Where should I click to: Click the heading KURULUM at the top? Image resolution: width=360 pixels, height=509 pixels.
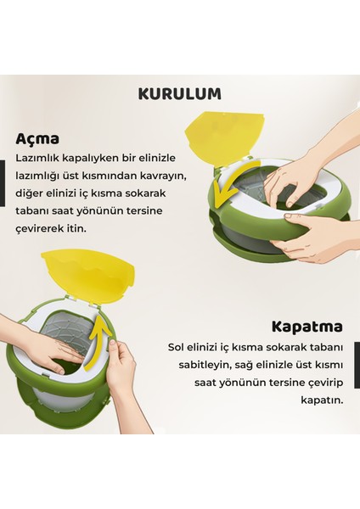coord(179,92)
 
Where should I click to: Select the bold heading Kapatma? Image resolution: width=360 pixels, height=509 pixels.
coord(307,326)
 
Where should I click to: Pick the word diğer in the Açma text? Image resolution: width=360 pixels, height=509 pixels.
coord(31,192)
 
